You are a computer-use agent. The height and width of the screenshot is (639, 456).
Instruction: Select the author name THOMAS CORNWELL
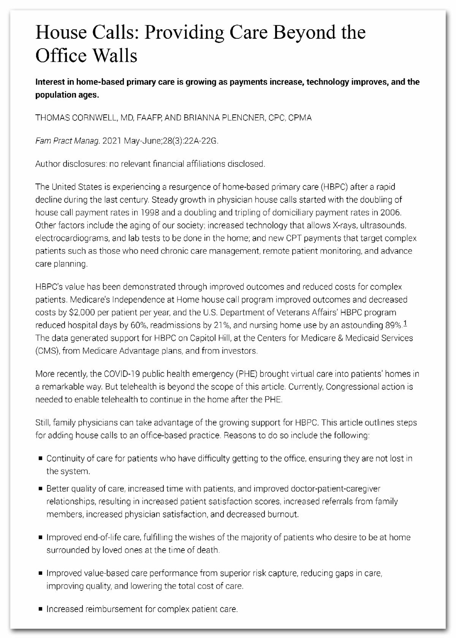(76, 118)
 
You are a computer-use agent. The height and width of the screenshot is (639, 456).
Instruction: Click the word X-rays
(344, 225)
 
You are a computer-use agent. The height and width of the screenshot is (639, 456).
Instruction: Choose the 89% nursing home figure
(393, 325)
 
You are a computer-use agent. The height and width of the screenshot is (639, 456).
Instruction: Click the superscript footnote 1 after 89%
(405, 324)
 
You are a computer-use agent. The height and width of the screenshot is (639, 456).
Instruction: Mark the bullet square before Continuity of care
(40, 459)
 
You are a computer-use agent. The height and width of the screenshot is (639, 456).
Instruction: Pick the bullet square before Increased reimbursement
(40, 609)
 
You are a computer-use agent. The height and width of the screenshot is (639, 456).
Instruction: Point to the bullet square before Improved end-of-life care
(40, 538)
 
